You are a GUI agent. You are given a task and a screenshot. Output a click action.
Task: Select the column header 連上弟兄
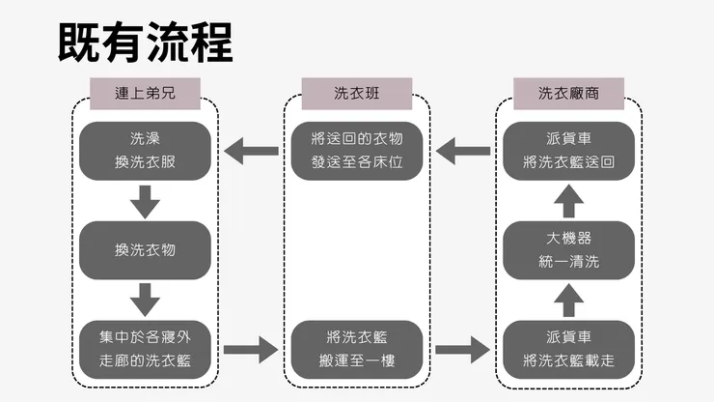[145, 94]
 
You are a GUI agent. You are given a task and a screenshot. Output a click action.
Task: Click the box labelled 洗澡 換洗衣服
[145, 151]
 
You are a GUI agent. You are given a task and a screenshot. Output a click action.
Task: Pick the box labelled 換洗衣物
[145, 250]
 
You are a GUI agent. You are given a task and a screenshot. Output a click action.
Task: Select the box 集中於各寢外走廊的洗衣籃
[145, 349]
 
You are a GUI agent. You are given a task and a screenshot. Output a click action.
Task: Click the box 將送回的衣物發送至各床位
[358, 151]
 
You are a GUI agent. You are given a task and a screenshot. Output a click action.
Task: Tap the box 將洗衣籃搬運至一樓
[358, 349]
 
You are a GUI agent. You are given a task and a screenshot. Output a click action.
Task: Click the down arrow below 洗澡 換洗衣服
[145, 201]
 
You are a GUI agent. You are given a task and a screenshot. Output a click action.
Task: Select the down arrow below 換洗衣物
[145, 300]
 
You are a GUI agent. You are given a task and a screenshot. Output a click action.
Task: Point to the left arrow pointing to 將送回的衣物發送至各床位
[464, 151]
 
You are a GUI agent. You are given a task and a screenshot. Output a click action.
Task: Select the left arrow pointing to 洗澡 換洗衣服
[250, 151]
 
